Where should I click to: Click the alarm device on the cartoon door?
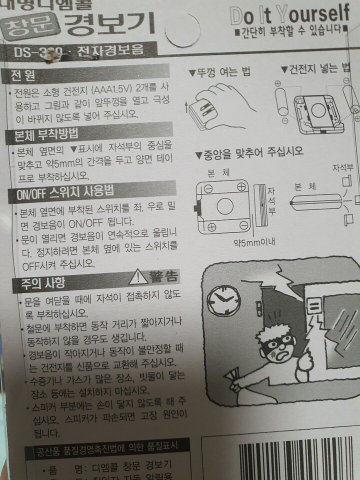coord(314,305)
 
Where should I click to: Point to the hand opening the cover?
coord(225,100)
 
